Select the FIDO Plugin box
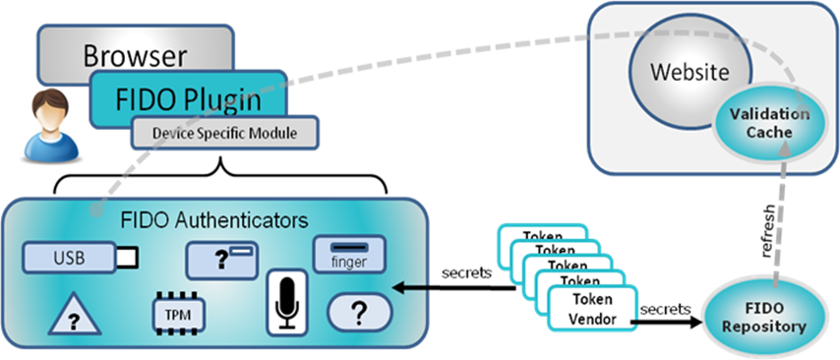[x=188, y=97]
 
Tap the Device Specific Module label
[x=225, y=132]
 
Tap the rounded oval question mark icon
[x=358, y=314]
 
